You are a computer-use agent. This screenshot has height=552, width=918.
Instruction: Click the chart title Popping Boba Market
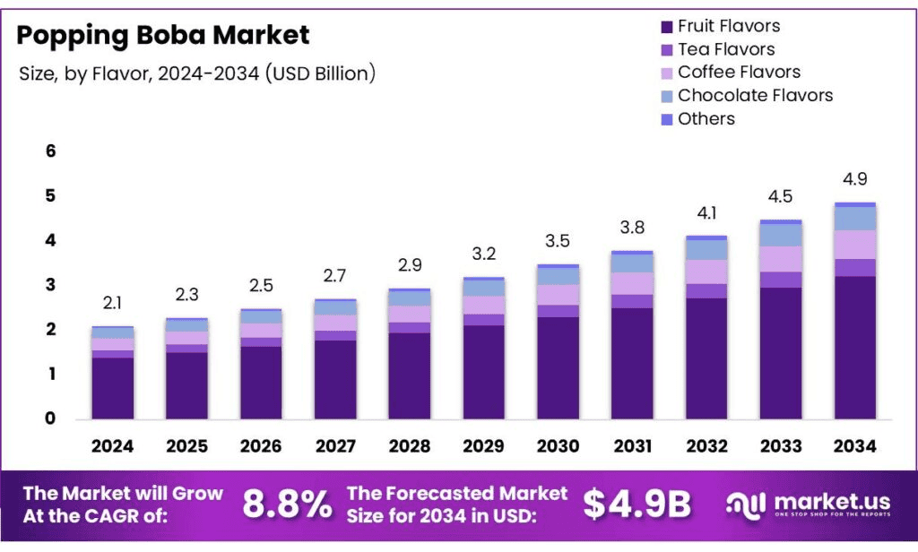(x=163, y=35)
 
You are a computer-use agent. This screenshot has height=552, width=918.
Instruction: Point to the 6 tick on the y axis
(x=50, y=151)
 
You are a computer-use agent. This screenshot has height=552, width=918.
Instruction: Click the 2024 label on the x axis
(x=112, y=446)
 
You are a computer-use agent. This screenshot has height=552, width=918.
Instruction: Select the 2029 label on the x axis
(x=483, y=446)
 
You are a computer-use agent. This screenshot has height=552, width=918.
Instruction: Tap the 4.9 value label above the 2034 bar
(x=854, y=179)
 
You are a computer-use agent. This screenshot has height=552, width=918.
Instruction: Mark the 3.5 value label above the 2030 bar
(x=558, y=241)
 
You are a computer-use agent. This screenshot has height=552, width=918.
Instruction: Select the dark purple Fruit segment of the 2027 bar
(x=335, y=379)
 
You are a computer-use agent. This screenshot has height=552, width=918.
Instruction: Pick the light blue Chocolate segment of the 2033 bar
(x=780, y=235)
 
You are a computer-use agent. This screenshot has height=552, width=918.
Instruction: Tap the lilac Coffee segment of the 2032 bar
(x=706, y=272)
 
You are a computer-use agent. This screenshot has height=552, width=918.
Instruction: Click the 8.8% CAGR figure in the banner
(x=287, y=505)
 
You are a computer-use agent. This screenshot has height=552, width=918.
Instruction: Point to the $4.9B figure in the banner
(x=637, y=505)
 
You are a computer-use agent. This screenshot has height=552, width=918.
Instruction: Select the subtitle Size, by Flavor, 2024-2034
(x=196, y=74)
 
